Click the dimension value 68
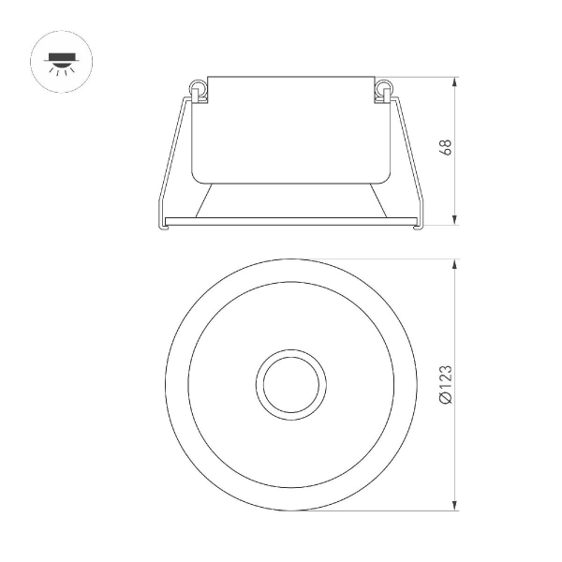pos(446,148)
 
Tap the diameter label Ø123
pos(446,385)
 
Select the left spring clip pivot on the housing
pos(198,89)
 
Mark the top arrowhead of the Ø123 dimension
pos(455,263)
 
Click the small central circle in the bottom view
pos(290,384)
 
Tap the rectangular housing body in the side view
pos(289,126)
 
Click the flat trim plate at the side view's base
pos(289,220)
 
